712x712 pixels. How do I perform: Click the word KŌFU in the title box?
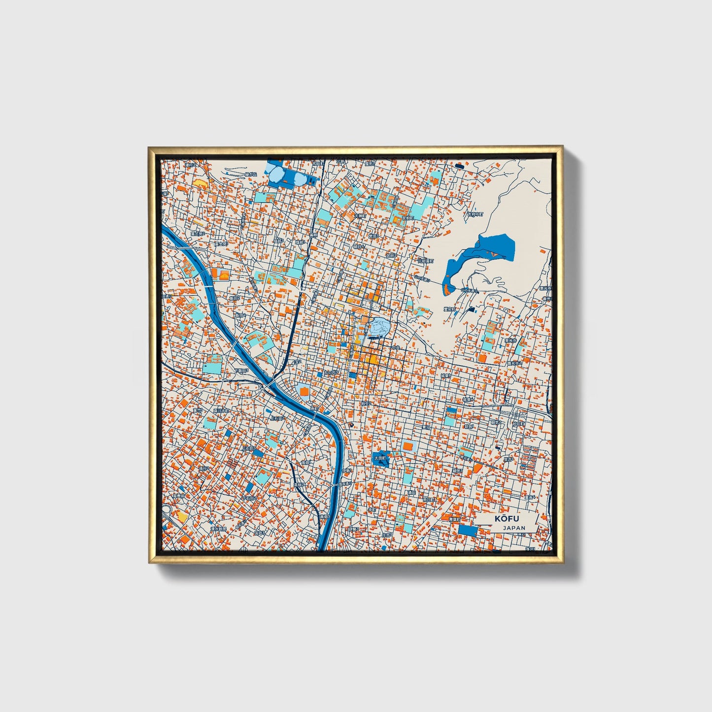(504, 519)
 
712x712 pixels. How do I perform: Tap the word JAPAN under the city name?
(514, 528)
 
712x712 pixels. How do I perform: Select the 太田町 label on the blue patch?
(380, 458)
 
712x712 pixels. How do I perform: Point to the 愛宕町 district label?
(449, 309)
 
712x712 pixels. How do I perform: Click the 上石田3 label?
(276, 418)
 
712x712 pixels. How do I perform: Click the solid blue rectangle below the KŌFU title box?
(468, 531)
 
